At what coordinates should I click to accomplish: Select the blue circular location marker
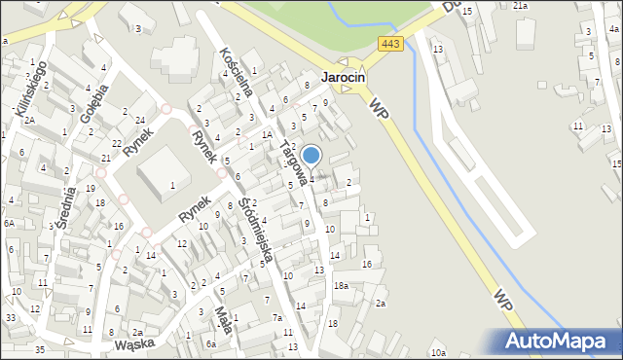pyautogui.click(x=311, y=154)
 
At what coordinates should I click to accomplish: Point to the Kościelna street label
pyautogui.click(x=238, y=71)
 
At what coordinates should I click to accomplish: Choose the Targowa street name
pyautogui.click(x=295, y=162)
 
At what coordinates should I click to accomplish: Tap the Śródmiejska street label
pyautogui.click(x=254, y=234)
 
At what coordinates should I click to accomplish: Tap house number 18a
pyautogui.click(x=341, y=285)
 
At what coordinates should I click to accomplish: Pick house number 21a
pyautogui.click(x=521, y=5)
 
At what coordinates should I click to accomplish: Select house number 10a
pyautogui.click(x=438, y=352)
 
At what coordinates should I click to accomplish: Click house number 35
pyautogui.click(x=39, y=348)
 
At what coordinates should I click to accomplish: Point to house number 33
pyautogui.click(x=10, y=317)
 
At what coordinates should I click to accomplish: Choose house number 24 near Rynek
pyautogui.click(x=140, y=120)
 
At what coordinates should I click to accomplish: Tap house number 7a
pyautogui.click(x=277, y=317)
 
